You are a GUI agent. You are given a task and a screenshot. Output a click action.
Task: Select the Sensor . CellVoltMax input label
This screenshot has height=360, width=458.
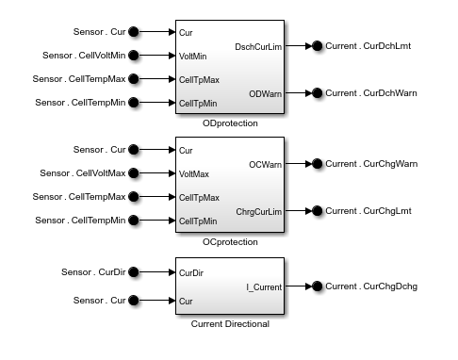82,173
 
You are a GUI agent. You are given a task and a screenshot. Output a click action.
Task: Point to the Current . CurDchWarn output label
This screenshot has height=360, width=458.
371,92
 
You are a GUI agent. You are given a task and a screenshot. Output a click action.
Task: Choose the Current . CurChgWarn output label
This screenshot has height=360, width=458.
371,163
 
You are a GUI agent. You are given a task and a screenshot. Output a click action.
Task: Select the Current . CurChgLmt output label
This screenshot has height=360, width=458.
368,210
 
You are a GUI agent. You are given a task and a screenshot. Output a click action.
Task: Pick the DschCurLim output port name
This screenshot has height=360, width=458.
257,45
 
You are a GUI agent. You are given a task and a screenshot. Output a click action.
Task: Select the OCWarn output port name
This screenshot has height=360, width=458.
266,163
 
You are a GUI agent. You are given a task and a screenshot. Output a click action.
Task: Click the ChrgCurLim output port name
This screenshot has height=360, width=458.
258,210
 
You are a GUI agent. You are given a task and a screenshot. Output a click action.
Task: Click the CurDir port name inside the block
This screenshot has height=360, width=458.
192,272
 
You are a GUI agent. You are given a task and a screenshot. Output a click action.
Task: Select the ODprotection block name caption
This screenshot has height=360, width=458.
229,123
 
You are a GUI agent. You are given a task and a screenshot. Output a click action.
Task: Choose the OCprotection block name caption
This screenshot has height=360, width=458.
229,241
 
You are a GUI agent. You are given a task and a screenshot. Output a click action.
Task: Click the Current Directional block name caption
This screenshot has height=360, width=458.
229,324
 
